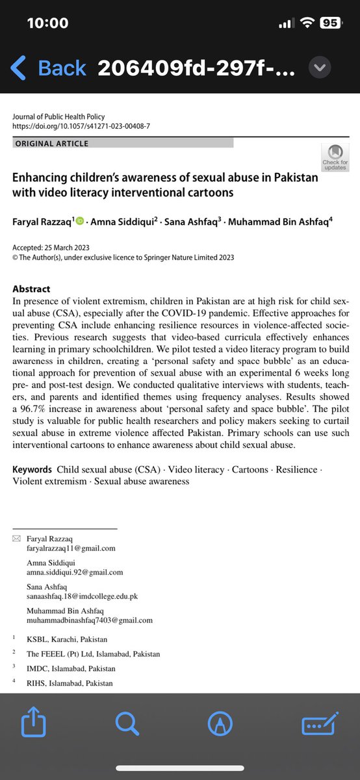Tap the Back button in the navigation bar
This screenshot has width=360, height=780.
pos(48,68)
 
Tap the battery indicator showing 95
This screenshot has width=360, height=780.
pos(329,23)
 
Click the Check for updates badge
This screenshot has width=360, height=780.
pos(335,157)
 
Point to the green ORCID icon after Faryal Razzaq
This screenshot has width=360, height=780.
pos(81,222)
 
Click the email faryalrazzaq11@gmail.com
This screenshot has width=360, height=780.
pos(71,548)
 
